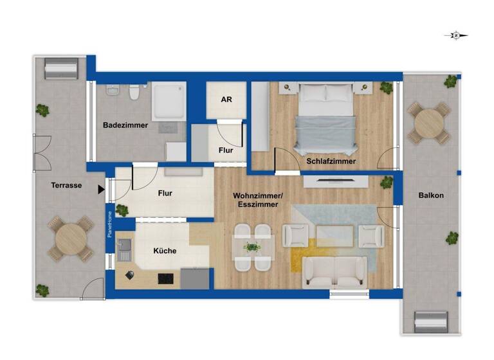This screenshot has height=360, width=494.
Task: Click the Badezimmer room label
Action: [x=125, y=125]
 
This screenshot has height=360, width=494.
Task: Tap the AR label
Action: [x=226, y=100]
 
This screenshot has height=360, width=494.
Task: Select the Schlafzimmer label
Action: [x=331, y=161]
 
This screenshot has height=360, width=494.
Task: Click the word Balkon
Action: [x=430, y=195]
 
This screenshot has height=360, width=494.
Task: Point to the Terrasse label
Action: [x=66, y=185]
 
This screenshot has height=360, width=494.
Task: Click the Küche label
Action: [x=165, y=251]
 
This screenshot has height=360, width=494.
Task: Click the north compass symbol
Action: [x=456, y=35]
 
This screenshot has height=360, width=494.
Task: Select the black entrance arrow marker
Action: [x=101, y=190]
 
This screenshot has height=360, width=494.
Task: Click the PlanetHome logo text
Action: [x=110, y=224]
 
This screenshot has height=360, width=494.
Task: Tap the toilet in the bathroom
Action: [x=134, y=93]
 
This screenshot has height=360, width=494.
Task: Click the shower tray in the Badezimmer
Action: [x=169, y=102]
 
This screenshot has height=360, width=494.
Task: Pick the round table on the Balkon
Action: [x=429, y=122]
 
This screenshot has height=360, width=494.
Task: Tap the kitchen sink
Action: [x=124, y=249]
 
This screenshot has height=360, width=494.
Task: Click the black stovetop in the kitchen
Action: [x=166, y=278]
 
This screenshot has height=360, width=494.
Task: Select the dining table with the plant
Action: [x=253, y=247]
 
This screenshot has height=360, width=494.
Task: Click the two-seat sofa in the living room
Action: [x=334, y=272]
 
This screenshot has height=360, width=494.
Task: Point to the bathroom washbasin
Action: [x=113, y=92]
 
